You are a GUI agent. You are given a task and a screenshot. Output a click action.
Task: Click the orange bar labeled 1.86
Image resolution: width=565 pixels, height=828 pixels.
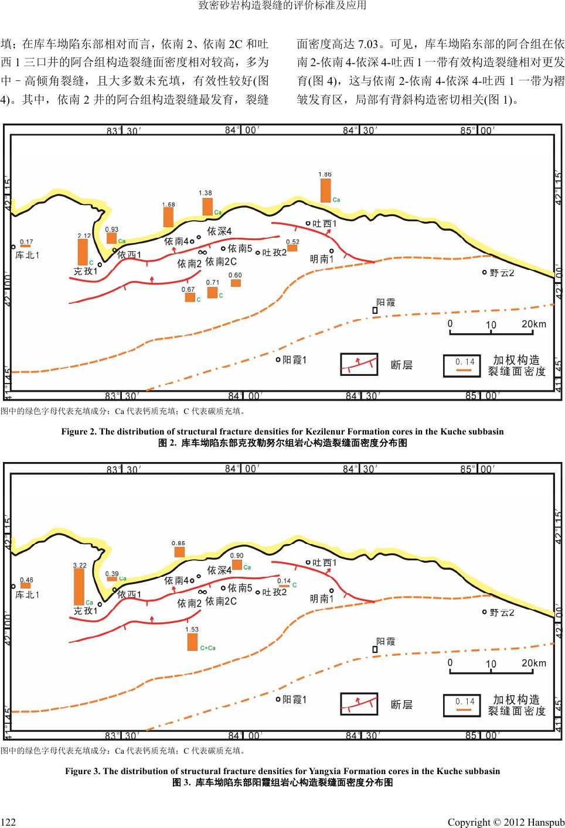(x=325, y=190)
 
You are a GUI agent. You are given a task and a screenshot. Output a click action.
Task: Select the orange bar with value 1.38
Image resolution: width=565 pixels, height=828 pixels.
(x=207, y=206)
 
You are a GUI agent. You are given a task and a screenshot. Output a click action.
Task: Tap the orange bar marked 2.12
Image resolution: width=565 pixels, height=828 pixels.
(x=83, y=252)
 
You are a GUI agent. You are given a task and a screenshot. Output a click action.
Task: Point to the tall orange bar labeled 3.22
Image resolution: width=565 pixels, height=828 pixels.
(x=79, y=586)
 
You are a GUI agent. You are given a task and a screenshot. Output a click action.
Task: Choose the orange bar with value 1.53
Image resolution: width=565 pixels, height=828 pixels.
(x=192, y=641)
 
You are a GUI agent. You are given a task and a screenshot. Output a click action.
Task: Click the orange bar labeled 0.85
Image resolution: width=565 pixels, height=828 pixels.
(x=179, y=552)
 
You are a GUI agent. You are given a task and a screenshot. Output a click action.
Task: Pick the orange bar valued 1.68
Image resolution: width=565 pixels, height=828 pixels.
(x=168, y=217)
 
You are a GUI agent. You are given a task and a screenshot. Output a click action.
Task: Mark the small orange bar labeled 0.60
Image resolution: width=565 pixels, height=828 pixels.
(x=236, y=283)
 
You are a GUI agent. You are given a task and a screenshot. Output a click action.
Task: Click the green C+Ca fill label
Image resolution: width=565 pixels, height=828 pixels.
(x=208, y=648)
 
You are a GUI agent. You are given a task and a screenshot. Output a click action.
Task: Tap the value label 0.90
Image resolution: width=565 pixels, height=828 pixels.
(x=237, y=556)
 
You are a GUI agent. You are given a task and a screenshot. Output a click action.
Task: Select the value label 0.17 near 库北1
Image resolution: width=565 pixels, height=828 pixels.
(x=26, y=241)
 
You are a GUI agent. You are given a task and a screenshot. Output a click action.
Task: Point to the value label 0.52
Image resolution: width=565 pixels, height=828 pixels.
(x=292, y=241)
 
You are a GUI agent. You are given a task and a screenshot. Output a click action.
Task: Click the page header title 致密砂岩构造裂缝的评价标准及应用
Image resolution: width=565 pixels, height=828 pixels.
(x=282, y=6)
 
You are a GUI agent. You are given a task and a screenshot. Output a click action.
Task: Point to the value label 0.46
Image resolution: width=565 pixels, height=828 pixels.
(x=26, y=580)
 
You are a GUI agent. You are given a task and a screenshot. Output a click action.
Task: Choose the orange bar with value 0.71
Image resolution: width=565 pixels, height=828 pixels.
(x=212, y=292)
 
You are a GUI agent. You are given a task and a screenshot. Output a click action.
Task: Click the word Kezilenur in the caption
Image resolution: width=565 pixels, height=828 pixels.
(x=325, y=432)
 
